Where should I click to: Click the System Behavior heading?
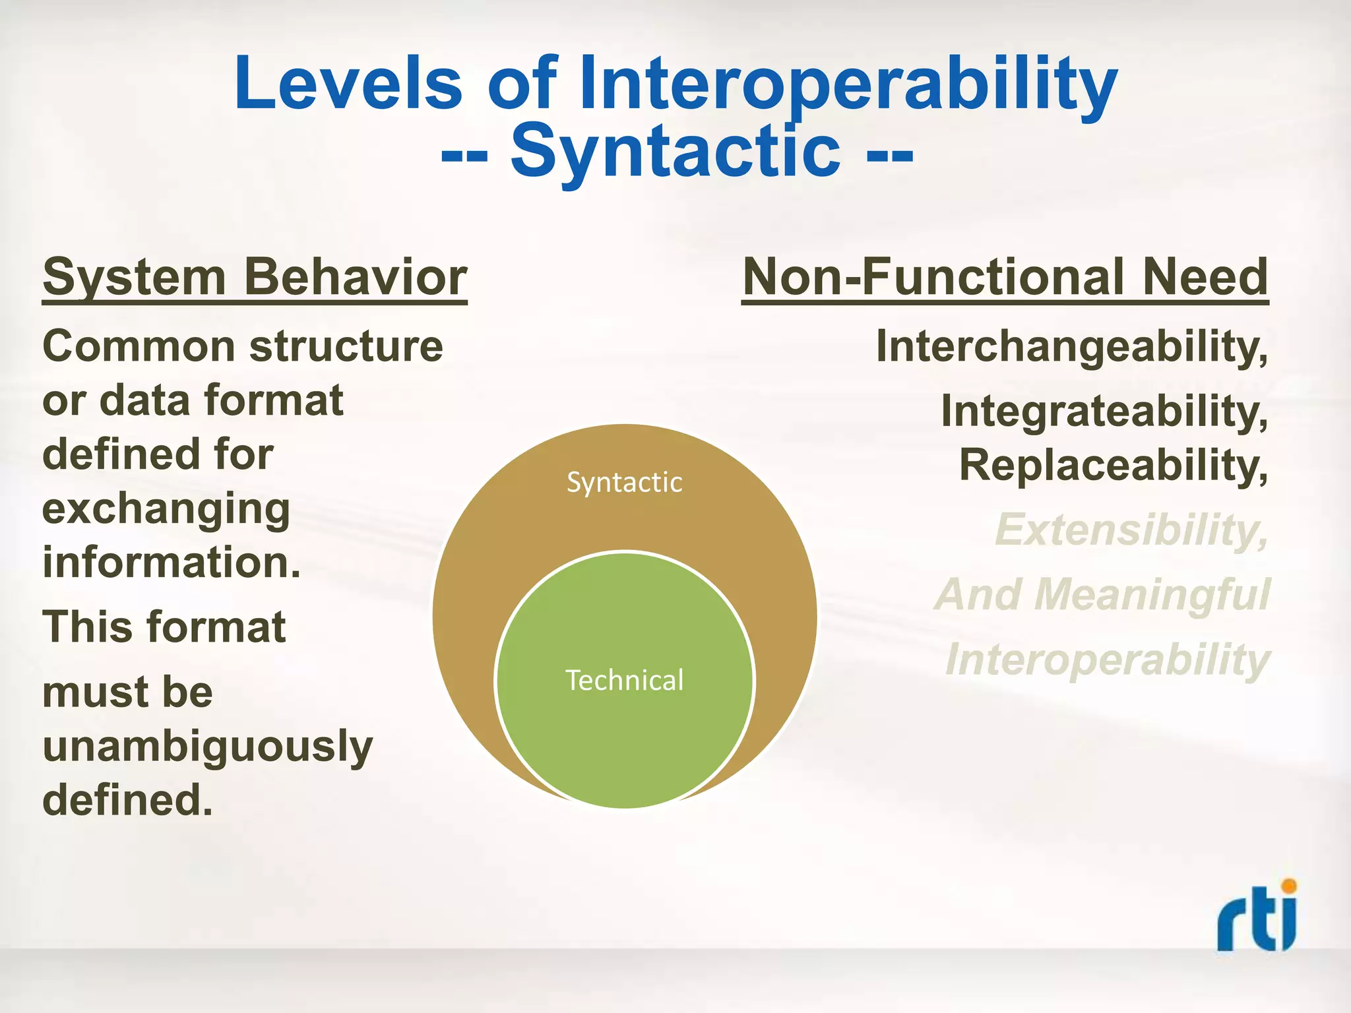pos(255,278)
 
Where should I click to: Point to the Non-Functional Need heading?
pos(1005,278)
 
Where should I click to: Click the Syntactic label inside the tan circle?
pos(624,483)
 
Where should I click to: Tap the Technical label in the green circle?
pos(625,681)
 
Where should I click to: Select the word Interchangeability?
pos(1071,347)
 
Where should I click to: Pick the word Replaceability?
pos(1113,466)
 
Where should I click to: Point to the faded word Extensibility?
pos(1131,530)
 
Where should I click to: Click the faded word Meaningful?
pos(1152,595)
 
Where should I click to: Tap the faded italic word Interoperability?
pos(1107,660)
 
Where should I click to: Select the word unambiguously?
pos(207,747)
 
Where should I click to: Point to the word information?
pos(171,563)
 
